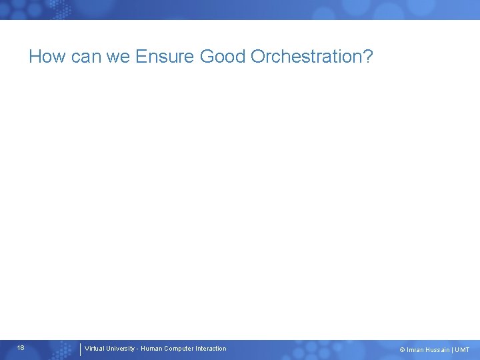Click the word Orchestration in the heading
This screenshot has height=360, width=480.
point(305,57)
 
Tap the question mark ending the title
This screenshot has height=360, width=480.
point(367,57)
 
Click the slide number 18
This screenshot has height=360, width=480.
point(21,348)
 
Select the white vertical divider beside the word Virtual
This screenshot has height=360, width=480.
point(80,349)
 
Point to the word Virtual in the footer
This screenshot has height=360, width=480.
point(95,349)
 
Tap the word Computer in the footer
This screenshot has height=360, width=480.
point(180,349)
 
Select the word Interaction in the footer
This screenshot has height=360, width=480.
point(211,349)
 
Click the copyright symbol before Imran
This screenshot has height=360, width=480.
point(402,350)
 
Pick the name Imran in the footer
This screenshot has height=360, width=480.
point(415,350)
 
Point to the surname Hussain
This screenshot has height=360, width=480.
point(439,350)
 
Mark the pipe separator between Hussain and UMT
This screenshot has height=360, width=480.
point(453,350)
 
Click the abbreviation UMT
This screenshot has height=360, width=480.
point(462,350)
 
